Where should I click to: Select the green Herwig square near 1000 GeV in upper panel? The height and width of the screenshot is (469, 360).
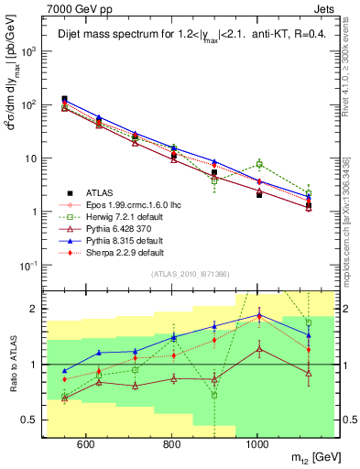pyautogui.click(x=260, y=165)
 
